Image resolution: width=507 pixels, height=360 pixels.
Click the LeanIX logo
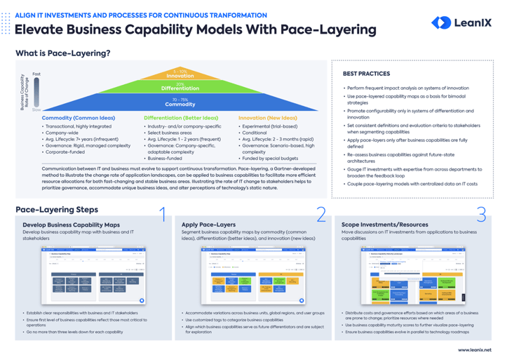pos(461,23)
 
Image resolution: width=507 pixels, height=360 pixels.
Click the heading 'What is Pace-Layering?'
pos(62,53)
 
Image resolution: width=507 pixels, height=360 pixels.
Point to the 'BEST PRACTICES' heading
pos(367,73)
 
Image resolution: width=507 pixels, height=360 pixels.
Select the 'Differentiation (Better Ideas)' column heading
pos(181,118)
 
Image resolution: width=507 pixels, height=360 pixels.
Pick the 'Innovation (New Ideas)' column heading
pos(267,118)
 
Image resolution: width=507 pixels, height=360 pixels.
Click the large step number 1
pos(162,215)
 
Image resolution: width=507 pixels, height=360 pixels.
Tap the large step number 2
pos(320,215)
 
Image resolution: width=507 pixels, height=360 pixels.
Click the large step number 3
pos(481,215)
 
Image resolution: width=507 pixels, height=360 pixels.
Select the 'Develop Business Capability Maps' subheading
pos(71,225)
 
